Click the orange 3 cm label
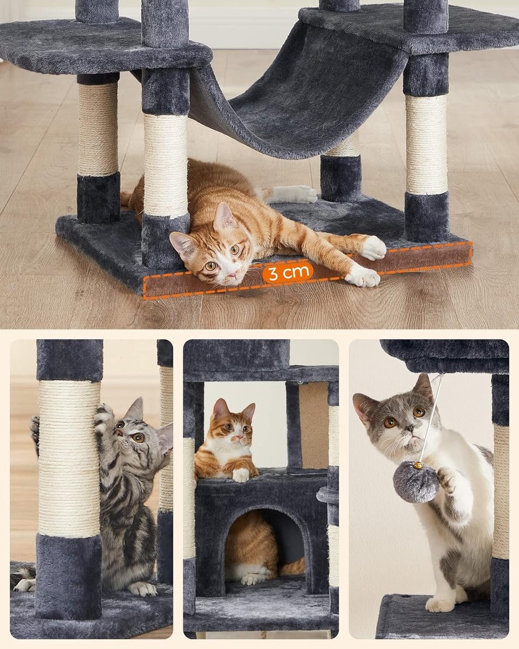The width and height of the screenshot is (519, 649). [x=288, y=273]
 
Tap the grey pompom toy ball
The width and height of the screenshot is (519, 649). [x=415, y=481]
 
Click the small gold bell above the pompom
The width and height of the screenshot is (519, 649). [x=418, y=465]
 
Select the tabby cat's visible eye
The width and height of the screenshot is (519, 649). [x=138, y=437]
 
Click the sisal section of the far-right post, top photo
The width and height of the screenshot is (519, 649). [x=427, y=145]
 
